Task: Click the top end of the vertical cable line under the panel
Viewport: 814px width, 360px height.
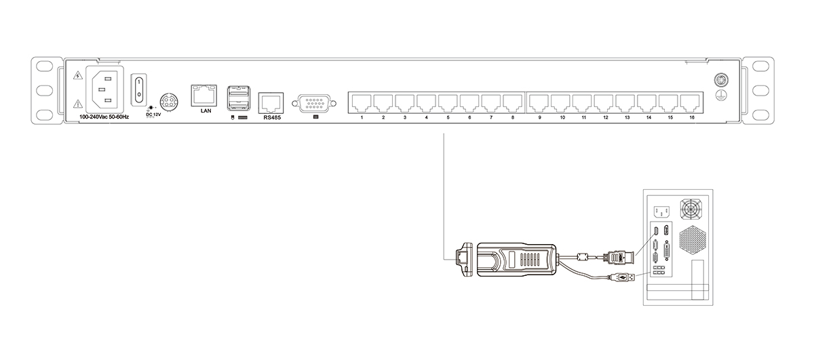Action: click(444, 134)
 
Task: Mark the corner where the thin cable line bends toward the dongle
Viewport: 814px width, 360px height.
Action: click(444, 260)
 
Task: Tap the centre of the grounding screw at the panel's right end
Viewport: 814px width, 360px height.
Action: click(720, 79)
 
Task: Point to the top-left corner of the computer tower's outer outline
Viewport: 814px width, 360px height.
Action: click(643, 190)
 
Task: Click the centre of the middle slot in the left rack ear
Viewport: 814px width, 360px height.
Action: click(45, 90)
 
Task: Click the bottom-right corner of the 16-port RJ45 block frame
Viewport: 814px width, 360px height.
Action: click(703, 113)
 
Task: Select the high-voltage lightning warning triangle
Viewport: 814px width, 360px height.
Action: click(77, 75)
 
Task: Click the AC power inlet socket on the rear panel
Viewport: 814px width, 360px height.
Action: click(104, 89)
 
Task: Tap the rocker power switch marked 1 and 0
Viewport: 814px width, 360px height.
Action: click(139, 89)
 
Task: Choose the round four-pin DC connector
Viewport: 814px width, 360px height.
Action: click(169, 101)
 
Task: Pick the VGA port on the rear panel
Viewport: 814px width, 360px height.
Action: click(314, 104)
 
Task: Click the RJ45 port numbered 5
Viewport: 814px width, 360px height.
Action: click(448, 103)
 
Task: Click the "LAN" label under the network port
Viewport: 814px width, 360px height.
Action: click(206, 111)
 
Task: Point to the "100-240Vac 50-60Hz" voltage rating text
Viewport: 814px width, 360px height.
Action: click(104, 117)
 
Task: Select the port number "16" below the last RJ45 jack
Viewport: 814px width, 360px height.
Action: click(691, 117)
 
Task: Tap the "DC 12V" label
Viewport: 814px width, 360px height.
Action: click(153, 115)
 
